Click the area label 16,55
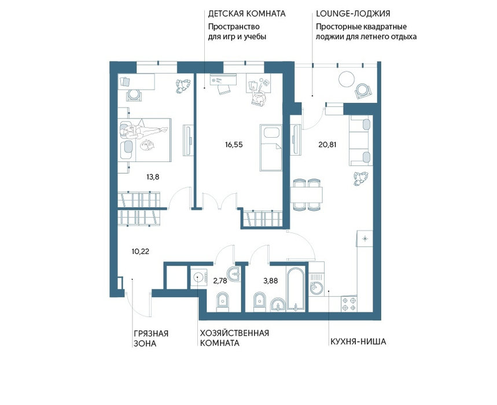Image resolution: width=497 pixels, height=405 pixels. [234, 145]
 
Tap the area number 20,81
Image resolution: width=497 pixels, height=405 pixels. [327, 145]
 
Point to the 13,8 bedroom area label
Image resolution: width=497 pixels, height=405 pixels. [153, 177]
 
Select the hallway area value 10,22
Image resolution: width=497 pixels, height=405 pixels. [141, 252]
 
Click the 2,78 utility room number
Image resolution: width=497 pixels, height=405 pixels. [220, 281]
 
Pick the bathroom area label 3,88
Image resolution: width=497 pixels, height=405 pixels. [271, 281]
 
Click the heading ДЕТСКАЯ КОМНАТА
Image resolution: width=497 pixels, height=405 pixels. [247, 14]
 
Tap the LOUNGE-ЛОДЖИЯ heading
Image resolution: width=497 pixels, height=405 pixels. [353, 14]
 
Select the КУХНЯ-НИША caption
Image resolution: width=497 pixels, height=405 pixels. [358, 341]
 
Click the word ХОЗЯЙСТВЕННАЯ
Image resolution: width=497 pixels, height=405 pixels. [234, 333]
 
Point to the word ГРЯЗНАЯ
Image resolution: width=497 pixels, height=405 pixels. [151, 333]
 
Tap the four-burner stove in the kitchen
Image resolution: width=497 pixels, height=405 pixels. [349, 303]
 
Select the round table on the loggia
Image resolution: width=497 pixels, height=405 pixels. [346, 79]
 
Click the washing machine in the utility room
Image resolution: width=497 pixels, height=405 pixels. [198, 277]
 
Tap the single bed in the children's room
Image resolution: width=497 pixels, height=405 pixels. [271, 148]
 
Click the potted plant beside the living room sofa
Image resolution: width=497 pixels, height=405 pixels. [360, 178]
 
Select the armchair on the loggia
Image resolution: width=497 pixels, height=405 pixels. [363, 91]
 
